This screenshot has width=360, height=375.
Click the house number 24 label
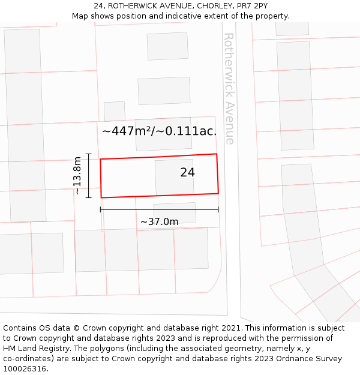187,172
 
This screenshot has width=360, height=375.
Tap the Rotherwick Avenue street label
229,88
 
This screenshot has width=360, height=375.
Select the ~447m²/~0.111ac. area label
159,131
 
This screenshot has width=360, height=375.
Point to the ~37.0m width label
159,222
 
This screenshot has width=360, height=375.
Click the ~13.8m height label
77,175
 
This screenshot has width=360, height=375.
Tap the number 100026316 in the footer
23,369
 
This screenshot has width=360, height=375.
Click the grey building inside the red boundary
174,178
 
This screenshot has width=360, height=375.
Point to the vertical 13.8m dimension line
88,175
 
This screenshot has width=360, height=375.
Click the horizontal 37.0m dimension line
159,209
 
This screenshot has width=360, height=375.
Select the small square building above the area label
114,111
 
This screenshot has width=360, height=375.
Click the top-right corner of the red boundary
216,154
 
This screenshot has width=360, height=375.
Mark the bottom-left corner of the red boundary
101,197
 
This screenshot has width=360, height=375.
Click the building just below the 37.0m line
175,214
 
